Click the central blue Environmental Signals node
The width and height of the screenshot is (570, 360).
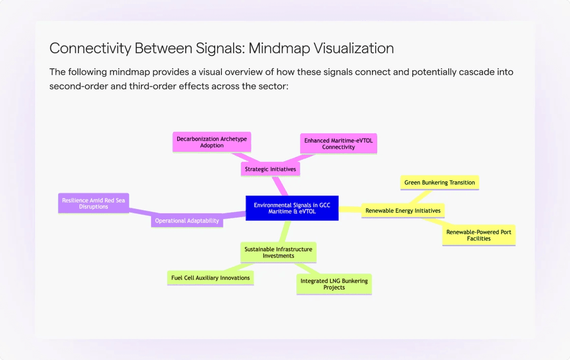click(292, 208)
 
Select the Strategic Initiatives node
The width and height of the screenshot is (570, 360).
click(270, 169)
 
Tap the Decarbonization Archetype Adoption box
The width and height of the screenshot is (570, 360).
click(212, 142)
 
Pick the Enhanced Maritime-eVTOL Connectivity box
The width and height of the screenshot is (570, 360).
click(338, 144)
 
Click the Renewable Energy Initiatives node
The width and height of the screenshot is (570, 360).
click(403, 210)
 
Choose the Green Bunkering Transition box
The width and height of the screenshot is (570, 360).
click(439, 182)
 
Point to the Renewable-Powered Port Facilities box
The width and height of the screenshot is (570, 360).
click(478, 235)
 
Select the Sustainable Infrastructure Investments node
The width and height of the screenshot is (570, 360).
click(278, 253)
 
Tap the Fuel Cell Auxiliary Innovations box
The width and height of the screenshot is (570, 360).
click(210, 278)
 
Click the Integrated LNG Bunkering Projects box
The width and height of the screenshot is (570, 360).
click(334, 284)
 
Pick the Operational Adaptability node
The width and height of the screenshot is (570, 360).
click(187, 220)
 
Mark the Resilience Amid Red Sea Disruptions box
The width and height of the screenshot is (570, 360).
click(93, 203)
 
